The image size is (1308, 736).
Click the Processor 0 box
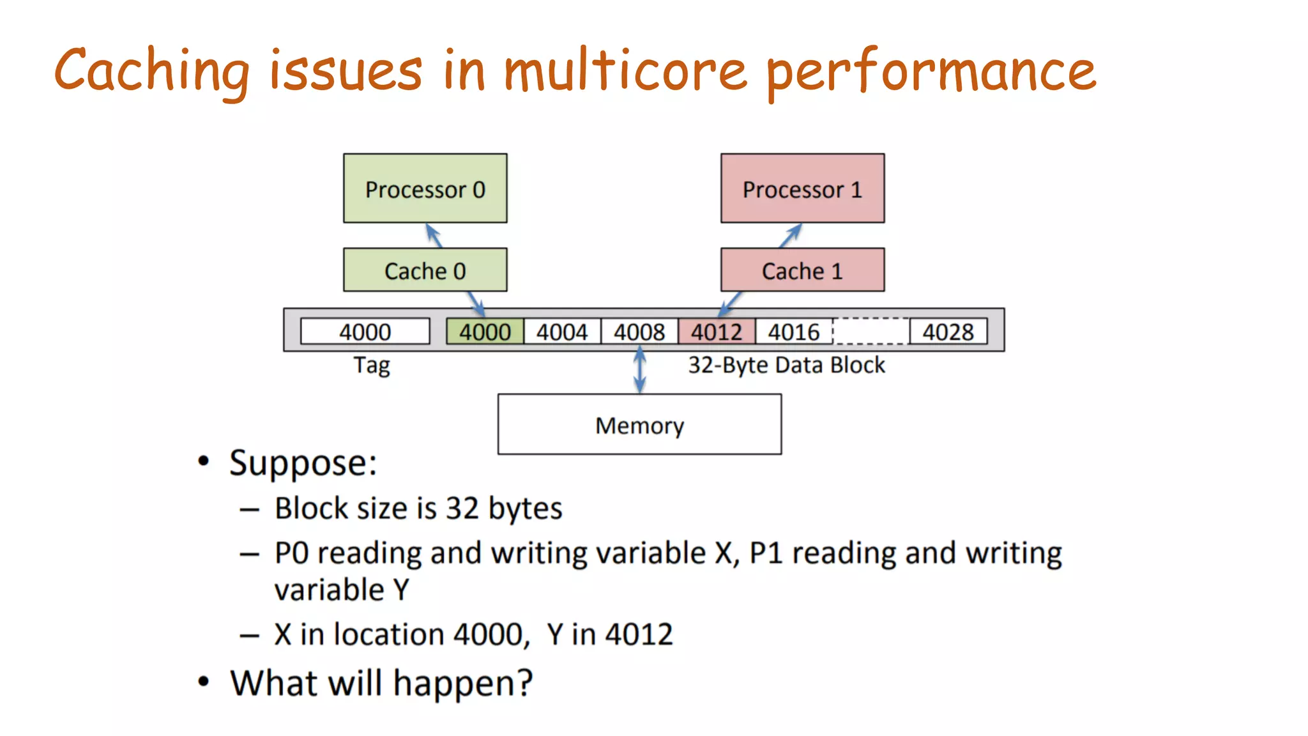click(x=425, y=188)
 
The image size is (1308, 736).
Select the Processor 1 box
click(x=802, y=188)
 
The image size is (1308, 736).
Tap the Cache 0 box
click(x=425, y=270)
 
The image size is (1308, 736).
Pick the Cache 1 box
click(x=802, y=270)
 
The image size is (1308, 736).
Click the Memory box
click(x=639, y=424)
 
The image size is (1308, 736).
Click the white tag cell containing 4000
click(x=365, y=332)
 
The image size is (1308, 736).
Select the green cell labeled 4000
click(x=485, y=332)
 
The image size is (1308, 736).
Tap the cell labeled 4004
click(x=562, y=332)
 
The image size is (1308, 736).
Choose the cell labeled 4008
click(x=639, y=332)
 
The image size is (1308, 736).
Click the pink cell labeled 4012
click(x=717, y=332)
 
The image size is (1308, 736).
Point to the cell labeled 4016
click(x=794, y=332)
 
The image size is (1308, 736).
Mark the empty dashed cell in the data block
click(x=871, y=332)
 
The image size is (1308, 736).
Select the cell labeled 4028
click(x=948, y=332)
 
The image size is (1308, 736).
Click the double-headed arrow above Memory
click(x=639, y=371)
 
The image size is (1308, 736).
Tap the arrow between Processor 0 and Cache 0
click(x=434, y=236)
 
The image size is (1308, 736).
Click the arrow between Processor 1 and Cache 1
click(x=791, y=236)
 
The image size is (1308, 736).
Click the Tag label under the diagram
click(x=372, y=366)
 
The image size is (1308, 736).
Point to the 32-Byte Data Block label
click(x=786, y=365)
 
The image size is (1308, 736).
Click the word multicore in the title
click(x=625, y=70)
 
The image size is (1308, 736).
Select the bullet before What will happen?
click(x=203, y=682)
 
